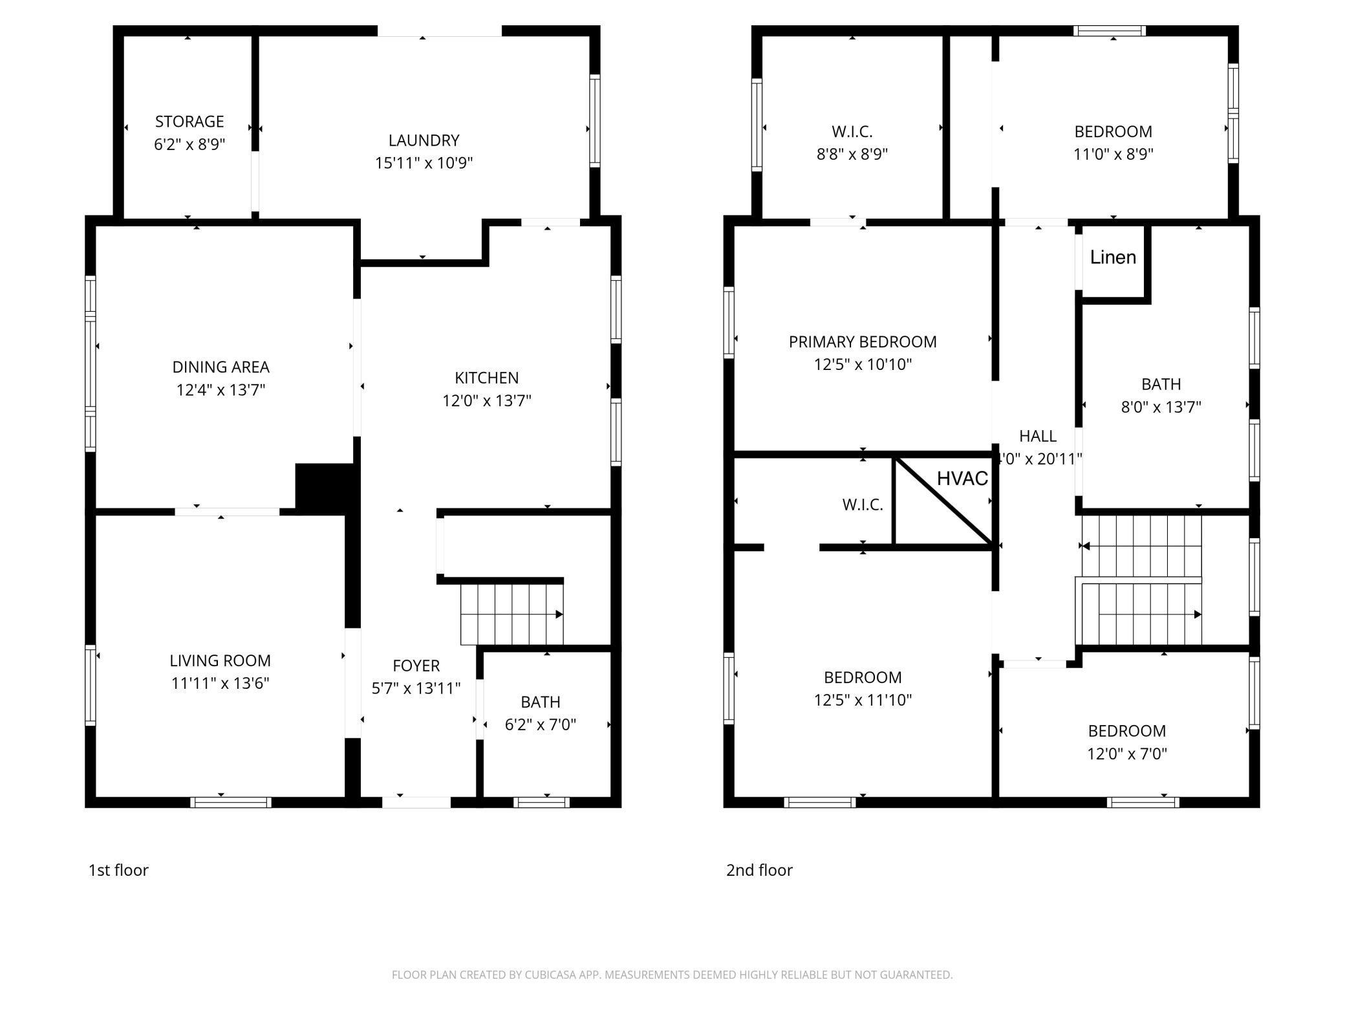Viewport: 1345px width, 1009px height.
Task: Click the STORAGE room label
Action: point(189,122)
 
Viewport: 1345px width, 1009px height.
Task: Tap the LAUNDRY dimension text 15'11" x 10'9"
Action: point(424,163)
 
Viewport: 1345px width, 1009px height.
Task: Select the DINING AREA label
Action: point(221,367)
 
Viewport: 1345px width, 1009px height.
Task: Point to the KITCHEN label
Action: point(486,378)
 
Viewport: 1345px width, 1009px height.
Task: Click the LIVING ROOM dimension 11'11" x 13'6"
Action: point(220,684)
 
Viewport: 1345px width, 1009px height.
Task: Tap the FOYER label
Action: point(416,666)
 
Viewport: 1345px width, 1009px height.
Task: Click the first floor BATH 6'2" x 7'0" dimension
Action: point(540,725)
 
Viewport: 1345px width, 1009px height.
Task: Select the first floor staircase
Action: point(511,614)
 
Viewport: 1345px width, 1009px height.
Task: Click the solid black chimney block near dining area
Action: point(323,488)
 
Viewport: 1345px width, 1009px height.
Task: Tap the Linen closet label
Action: point(1113,257)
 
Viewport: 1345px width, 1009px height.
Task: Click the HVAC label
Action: point(962,479)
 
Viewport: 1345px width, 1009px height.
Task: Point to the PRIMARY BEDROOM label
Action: point(862,342)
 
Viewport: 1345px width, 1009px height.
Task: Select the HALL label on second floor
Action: point(1037,436)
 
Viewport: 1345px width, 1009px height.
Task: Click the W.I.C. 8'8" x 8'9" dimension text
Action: point(852,155)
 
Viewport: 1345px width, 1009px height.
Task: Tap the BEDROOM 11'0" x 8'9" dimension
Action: point(1113,155)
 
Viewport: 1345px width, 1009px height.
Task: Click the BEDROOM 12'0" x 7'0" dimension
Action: point(1126,754)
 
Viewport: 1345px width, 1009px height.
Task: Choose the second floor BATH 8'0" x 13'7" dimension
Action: point(1161,407)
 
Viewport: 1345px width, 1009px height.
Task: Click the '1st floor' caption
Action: point(118,870)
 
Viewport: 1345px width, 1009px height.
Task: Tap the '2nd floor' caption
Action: point(759,870)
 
